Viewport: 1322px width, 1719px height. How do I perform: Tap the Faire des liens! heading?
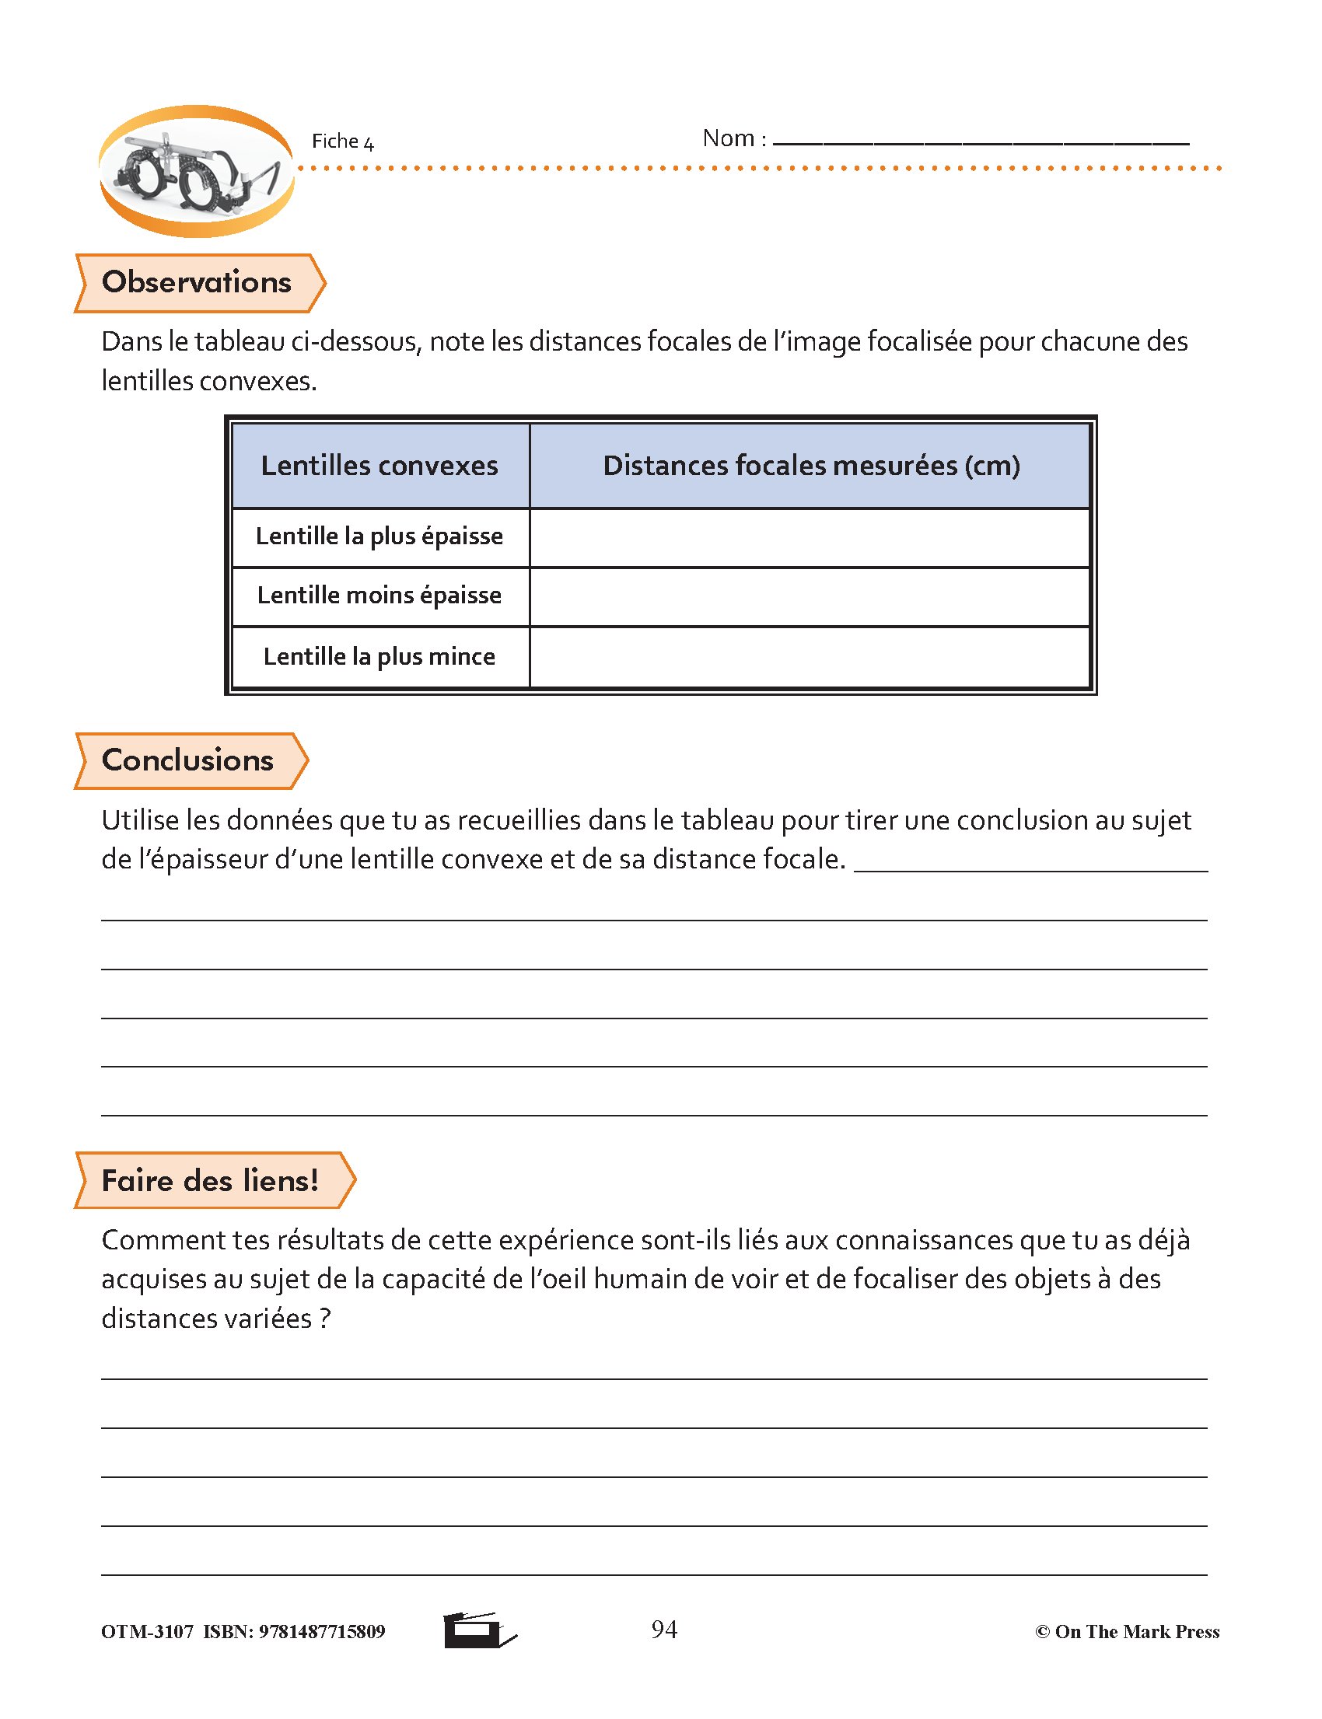[x=211, y=1181]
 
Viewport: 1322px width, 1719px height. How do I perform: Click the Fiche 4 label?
[x=342, y=142]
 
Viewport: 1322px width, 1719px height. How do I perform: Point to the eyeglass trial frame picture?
[x=197, y=172]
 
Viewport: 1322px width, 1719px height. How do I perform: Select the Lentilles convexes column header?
[x=379, y=466]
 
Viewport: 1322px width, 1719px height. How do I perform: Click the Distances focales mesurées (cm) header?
[x=811, y=466]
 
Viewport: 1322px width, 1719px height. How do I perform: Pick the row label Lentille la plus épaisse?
[x=379, y=536]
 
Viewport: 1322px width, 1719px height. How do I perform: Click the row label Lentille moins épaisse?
[x=379, y=596]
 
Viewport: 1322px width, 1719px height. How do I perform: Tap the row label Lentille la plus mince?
[x=379, y=657]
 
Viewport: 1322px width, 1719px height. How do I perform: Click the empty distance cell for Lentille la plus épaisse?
[x=810, y=538]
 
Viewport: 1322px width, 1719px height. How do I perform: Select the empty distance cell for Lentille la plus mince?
[x=810, y=658]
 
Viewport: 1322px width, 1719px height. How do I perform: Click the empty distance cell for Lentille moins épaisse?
[x=810, y=597]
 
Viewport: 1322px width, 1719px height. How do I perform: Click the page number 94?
[x=664, y=1630]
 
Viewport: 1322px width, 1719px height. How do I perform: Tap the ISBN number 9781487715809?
[x=322, y=1632]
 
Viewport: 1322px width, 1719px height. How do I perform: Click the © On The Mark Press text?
[x=1127, y=1632]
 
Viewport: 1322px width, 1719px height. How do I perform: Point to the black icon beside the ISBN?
[x=477, y=1630]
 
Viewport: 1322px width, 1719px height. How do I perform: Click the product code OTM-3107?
[x=147, y=1632]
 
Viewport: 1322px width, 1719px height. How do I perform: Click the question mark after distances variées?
[x=325, y=1319]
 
